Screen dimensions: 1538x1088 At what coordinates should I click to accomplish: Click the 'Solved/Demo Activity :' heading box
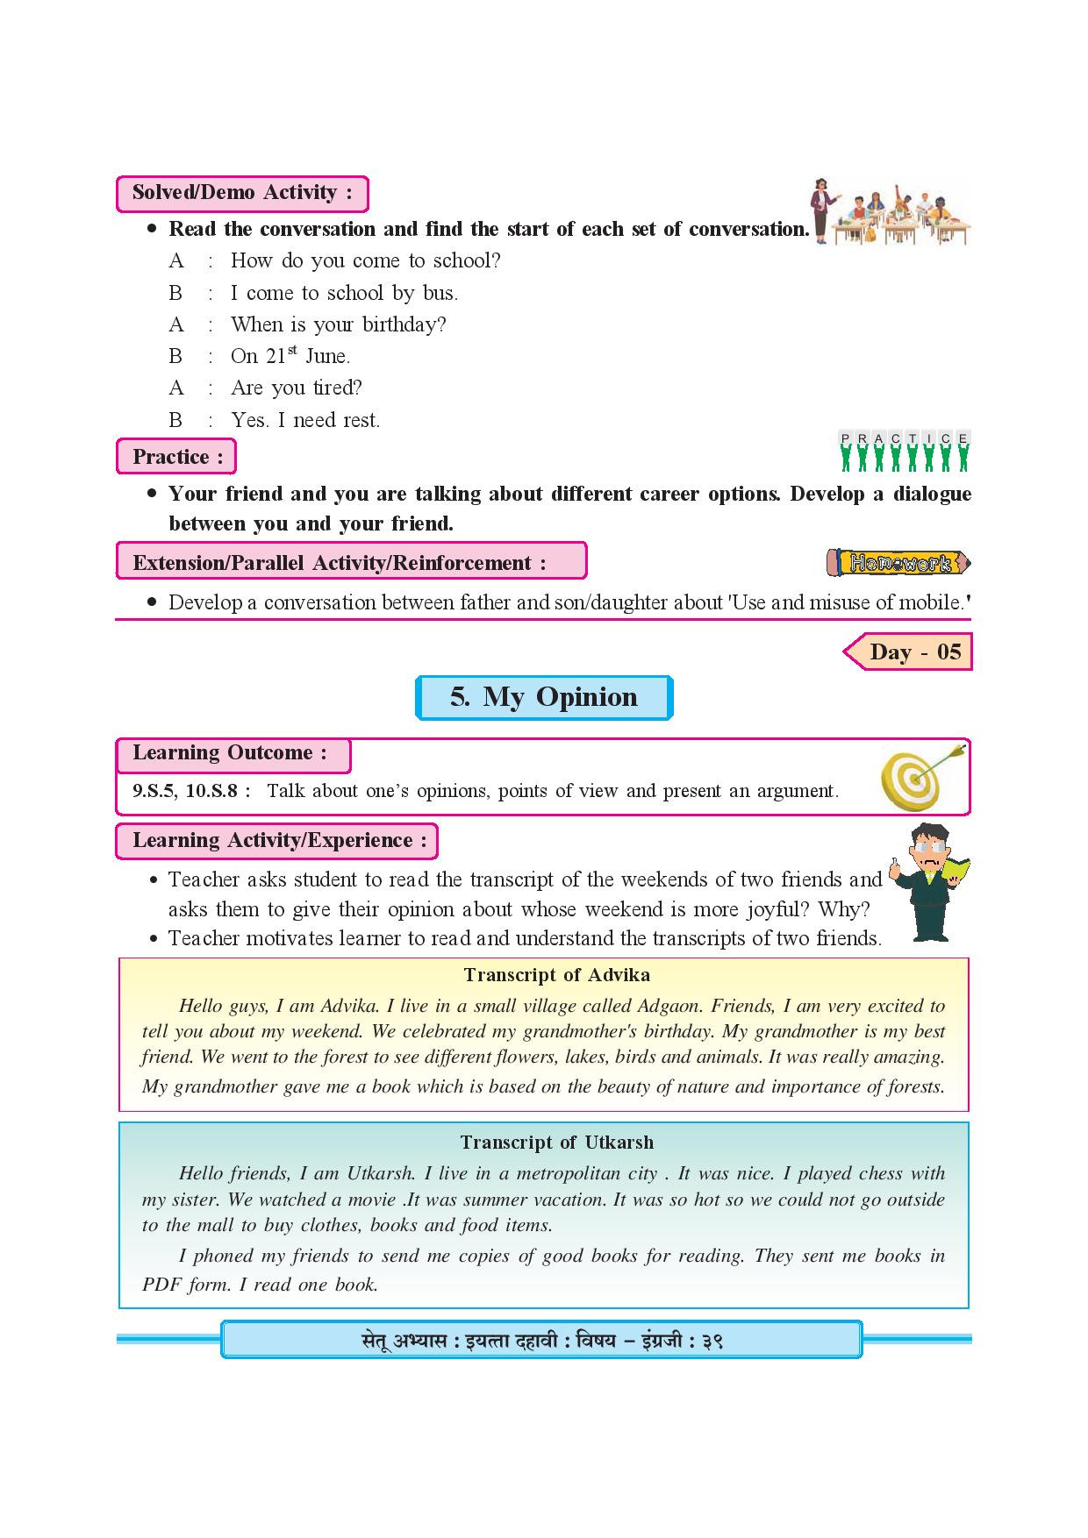[241, 193]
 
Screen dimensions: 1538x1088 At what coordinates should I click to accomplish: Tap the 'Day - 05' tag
[910, 652]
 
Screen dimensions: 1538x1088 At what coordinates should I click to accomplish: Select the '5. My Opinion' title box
[544, 697]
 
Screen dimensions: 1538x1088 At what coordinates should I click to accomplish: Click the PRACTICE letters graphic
[905, 451]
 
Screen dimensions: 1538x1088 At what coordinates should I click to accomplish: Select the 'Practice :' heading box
[176, 457]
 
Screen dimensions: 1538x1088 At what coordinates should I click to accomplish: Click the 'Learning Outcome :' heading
[230, 752]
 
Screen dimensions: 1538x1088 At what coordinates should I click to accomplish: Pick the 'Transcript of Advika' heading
[556, 975]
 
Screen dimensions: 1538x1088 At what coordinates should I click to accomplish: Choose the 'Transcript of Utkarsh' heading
[556, 1143]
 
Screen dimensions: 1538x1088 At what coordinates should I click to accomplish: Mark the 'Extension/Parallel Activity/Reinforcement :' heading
[340, 563]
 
